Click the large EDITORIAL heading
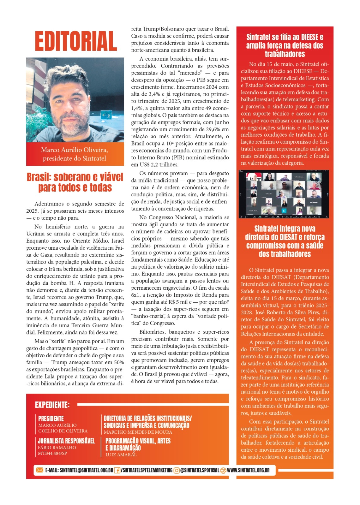click(76, 41)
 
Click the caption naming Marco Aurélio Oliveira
click(75, 154)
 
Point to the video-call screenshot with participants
click(285, 194)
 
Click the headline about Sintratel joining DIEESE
click(285, 45)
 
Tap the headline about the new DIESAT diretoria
click(285, 241)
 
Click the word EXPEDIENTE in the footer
click(52, 405)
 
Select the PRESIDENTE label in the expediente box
click(51, 419)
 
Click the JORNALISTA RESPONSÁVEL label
click(66, 441)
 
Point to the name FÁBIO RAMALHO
click(57, 448)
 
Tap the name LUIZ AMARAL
click(121, 454)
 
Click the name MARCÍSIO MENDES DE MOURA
click(138, 432)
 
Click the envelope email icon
click(39, 470)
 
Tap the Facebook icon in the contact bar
click(117, 470)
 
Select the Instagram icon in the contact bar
click(177, 470)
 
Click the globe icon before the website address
click(223, 470)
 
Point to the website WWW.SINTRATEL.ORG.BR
click(248, 470)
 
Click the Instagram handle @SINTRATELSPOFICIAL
click(200, 470)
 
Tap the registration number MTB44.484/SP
click(52, 453)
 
